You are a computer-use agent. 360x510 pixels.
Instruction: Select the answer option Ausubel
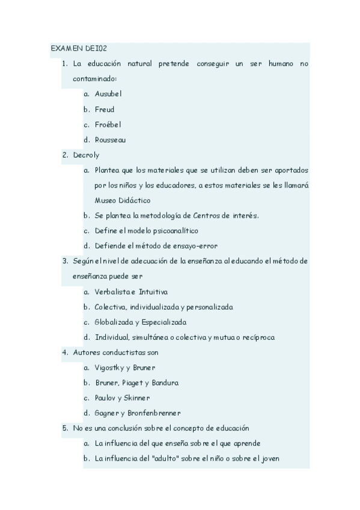[x=108, y=94]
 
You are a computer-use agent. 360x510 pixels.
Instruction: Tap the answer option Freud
[x=105, y=109]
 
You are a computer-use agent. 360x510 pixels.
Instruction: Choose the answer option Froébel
[x=108, y=124]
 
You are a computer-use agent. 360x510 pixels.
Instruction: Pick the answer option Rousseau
[x=111, y=140]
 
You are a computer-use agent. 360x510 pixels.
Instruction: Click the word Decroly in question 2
[x=86, y=155]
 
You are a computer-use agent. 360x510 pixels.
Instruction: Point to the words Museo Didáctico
[x=123, y=200]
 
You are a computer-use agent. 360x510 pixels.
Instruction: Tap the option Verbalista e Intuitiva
[x=131, y=292]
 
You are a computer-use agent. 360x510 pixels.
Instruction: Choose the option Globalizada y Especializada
[x=141, y=322]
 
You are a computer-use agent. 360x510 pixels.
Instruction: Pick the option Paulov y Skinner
[x=123, y=398]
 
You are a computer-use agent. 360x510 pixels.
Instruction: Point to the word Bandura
[x=165, y=382]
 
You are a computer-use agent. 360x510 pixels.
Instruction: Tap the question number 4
[x=65, y=352]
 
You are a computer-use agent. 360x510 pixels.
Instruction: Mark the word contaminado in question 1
[x=94, y=79]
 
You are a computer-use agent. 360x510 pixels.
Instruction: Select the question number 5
[x=65, y=428]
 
